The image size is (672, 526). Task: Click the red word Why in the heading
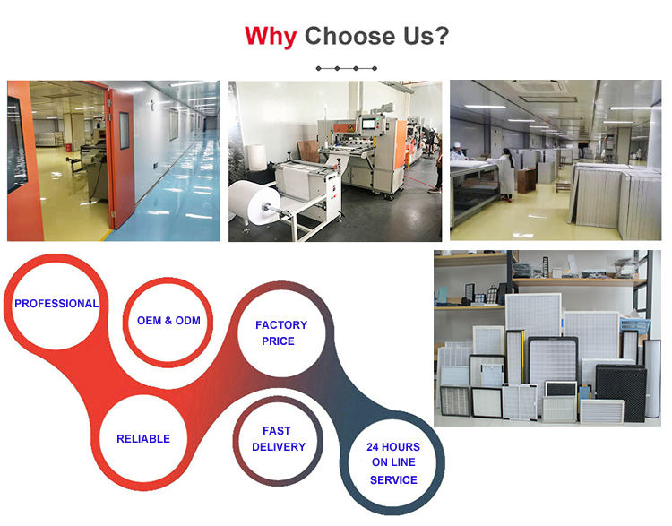click(x=271, y=37)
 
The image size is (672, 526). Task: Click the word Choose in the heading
click(x=350, y=36)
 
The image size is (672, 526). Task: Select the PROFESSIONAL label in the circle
click(x=56, y=304)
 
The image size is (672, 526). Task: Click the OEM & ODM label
click(x=168, y=321)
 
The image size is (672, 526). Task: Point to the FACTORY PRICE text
click(x=280, y=333)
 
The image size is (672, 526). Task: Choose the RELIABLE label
click(x=143, y=439)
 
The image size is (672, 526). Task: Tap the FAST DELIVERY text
click(x=279, y=438)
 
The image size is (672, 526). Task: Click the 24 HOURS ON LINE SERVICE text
click(x=393, y=463)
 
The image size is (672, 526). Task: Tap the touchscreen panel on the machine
click(x=368, y=125)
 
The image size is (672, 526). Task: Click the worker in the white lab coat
click(x=506, y=175)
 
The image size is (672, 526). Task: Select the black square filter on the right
click(x=621, y=393)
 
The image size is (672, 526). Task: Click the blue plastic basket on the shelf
click(x=633, y=327)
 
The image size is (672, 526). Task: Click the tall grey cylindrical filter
click(x=652, y=378)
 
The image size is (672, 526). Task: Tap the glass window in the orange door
click(x=125, y=130)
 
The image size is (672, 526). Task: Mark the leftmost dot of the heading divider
click(x=318, y=69)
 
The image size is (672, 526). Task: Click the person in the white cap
click(x=458, y=151)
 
